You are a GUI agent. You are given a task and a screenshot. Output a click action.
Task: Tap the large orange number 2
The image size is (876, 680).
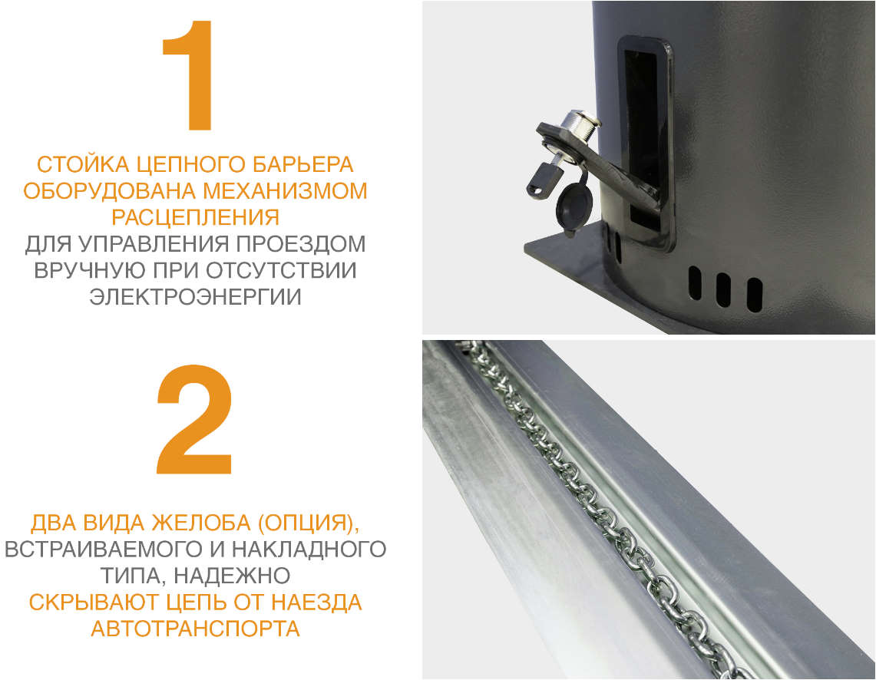pyautogui.click(x=194, y=420)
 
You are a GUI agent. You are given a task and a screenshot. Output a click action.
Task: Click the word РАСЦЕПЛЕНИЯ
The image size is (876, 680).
pyautogui.click(x=195, y=217)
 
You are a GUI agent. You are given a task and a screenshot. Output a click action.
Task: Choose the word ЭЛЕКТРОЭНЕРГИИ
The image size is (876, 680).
pyautogui.click(x=195, y=297)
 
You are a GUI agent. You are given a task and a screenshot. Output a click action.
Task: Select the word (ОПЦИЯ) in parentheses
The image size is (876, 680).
pyautogui.click(x=308, y=523)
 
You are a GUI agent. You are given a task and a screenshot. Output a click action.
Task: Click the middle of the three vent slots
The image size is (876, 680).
pyautogui.click(x=722, y=289)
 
